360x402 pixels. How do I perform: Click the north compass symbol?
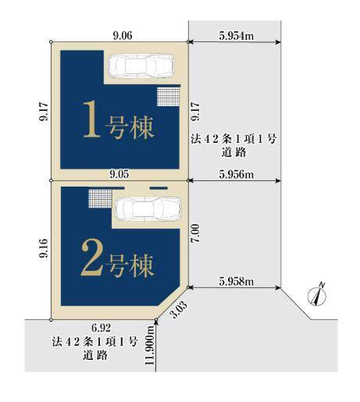click(x=317, y=296)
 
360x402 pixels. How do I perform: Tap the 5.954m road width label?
click(x=237, y=36)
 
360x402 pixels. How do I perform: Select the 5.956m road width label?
click(x=237, y=174)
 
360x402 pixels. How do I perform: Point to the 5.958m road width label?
click(x=237, y=281)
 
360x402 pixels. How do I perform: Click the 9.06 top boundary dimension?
click(x=123, y=35)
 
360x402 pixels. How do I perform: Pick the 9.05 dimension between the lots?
click(x=119, y=174)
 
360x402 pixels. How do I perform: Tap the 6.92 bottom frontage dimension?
click(x=102, y=328)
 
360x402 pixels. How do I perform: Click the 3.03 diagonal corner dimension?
click(x=179, y=309)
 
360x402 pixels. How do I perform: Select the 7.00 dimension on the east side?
click(x=195, y=233)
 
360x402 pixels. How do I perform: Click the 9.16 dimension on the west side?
click(x=44, y=248)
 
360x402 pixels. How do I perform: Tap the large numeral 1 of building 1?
click(x=91, y=119)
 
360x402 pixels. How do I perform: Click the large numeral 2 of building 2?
click(x=91, y=258)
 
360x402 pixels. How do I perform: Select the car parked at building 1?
click(x=141, y=66)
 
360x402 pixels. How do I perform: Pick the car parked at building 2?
click(x=148, y=209)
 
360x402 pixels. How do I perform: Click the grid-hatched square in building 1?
click(x=169, y=97)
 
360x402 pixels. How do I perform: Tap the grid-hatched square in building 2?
click(x=100, y=198)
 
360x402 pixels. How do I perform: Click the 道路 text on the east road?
click(x=233, y=152)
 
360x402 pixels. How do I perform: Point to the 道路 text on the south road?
click(x=95, y=355)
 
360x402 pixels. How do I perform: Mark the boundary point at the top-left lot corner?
click(x=51, y=42)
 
